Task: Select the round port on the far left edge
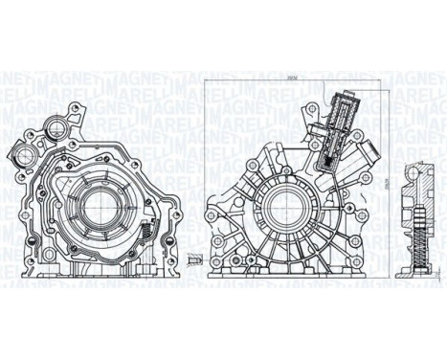point(19,152)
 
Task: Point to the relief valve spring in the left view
point(144,231)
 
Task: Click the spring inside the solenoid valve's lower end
point(327,158)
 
